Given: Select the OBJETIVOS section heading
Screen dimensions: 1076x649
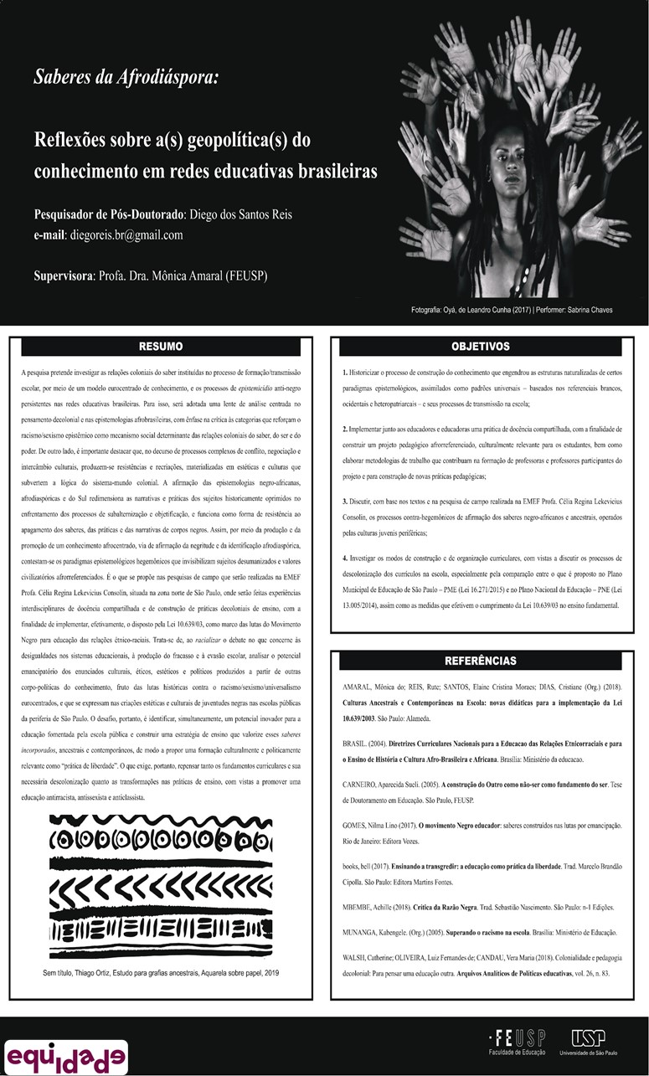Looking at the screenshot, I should click(480, 347).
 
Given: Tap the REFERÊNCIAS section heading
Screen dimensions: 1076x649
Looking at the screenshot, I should click(480, 661).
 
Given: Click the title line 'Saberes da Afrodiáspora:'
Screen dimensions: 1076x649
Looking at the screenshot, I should click(126, 78).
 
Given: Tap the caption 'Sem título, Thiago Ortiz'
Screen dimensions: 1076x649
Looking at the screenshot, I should click(160, 973).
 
